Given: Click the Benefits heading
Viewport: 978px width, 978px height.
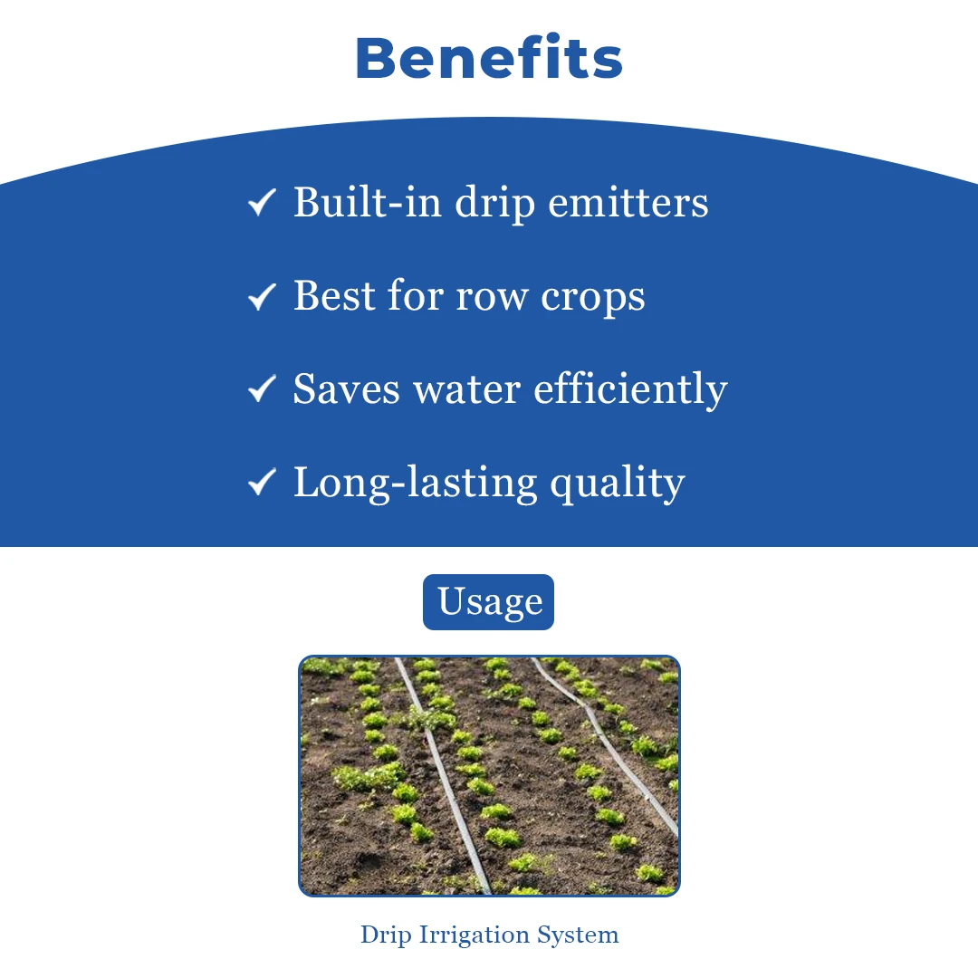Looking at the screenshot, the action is [x=489, y=58].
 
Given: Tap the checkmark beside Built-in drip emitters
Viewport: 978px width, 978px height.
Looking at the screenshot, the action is [x=262, y=202].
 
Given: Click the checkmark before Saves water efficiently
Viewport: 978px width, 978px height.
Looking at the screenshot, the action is [x=262, y=388].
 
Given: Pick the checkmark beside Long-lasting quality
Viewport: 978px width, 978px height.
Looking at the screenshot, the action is [x=262, y=482].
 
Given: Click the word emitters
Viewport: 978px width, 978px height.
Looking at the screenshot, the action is [x=628, y=202].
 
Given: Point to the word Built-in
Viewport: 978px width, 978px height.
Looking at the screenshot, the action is [x=368, y=202].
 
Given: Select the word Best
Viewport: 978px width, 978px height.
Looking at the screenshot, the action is [x=333, y=295].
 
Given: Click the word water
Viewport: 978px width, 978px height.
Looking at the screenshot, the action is [x=466, y=389].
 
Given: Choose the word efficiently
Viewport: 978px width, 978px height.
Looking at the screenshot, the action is [x=630, y=389].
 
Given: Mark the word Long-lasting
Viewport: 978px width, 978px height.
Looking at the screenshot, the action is [x=416, y=484].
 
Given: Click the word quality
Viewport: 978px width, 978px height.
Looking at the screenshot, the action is [x=618, y=484].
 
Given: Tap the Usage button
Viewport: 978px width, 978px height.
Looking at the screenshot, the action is [x=488, y=602].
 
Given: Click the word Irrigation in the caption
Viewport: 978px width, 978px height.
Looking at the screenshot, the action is [x=474, y=935].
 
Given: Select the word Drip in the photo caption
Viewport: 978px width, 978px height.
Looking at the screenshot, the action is [x=386, y=935].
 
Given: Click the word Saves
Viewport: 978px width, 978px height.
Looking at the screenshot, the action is [x=346, y=388].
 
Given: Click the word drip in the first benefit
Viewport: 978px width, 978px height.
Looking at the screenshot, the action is [x=494, y=204].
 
